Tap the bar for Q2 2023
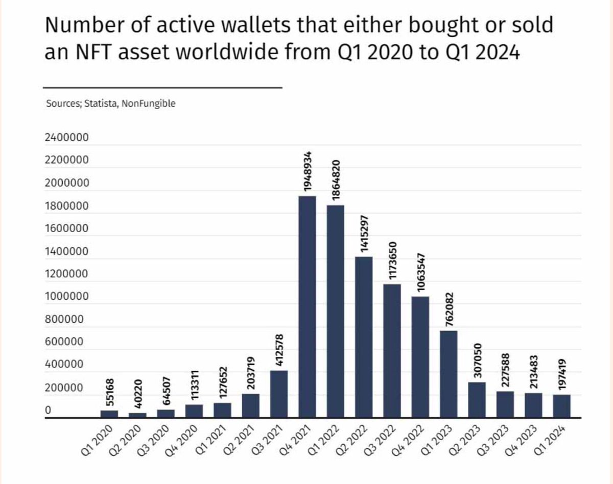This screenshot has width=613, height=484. tap(477, 400)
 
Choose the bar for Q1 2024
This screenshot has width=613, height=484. tap(561, 406)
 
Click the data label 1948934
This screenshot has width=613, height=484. tap(308, 171)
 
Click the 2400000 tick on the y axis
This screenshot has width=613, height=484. tap(66, 138)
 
